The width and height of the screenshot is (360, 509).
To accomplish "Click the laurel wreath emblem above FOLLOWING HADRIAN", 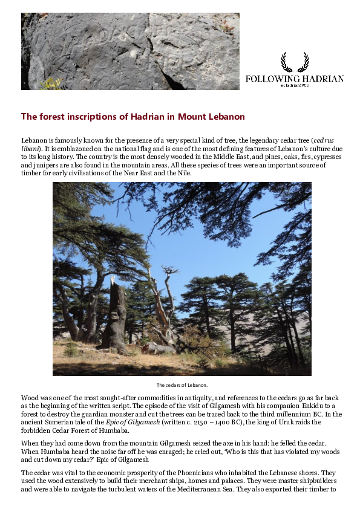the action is (x=295, y=62).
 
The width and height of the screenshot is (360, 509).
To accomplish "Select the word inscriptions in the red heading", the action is (x=87, y=116).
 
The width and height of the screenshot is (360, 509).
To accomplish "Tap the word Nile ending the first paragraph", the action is (x=184, y=173).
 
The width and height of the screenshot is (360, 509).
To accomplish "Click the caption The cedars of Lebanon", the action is (x=182, y=385).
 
